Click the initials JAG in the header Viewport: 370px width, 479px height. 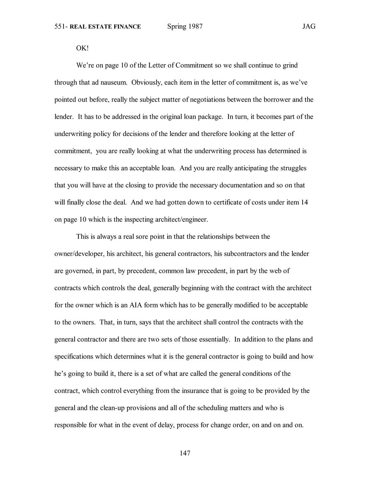point(309,27)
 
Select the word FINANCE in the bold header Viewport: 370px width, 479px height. point(127,27)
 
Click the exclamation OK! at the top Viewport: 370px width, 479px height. point(83,48)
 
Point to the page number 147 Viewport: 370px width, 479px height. point(185,453)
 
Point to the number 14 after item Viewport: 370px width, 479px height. point(304,202)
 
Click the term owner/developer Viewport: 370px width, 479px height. point(79,254)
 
